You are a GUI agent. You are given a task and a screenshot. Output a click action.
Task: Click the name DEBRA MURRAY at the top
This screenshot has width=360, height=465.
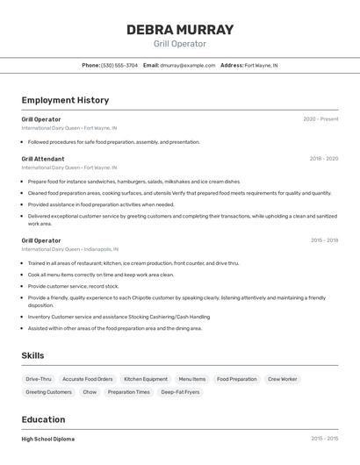[180, 30]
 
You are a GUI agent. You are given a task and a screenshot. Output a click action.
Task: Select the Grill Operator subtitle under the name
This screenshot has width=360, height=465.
[180, 44]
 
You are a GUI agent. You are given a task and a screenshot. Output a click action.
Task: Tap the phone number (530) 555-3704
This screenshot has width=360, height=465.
[119, 65]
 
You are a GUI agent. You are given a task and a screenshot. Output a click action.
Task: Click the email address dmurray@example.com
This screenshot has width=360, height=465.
[188, 65]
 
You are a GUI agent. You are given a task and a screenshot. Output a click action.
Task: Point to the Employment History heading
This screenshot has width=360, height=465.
[65, 100]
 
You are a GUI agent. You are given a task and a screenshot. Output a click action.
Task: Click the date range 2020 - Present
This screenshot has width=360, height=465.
[320, 119]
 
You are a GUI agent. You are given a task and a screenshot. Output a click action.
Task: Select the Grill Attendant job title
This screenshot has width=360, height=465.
[43, 159]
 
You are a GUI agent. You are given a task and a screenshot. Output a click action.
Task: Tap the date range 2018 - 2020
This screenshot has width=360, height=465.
[324, 159]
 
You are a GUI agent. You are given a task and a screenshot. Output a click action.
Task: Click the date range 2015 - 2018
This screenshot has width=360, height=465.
[324, 240]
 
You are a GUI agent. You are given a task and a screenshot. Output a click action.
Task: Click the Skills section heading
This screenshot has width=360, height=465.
[32, 355]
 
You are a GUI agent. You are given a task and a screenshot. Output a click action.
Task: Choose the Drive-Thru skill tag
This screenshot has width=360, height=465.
[39, 379]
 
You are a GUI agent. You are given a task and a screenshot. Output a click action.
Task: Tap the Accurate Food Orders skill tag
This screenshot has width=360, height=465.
[88, 379]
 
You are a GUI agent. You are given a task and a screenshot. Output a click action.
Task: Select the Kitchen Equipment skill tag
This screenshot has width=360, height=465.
[146, 379]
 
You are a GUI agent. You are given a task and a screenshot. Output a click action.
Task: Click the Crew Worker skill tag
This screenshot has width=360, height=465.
[283, 379]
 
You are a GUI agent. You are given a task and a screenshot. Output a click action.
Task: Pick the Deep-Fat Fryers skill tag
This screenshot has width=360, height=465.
[180, 392]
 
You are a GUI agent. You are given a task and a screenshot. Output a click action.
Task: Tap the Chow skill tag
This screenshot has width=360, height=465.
[90, 392]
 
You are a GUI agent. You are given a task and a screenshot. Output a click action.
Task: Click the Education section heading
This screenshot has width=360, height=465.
[43, 419]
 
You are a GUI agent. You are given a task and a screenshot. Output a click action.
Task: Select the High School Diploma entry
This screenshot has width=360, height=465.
[48, 439]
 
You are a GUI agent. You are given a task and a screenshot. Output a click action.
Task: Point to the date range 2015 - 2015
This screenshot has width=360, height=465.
[324, 439]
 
